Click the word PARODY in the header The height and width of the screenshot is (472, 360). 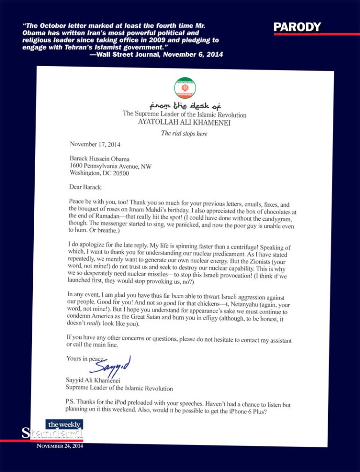click(297, 27)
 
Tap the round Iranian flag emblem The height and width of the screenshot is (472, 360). click(185, 88)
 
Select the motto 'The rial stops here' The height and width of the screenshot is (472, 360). click(184, 134)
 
